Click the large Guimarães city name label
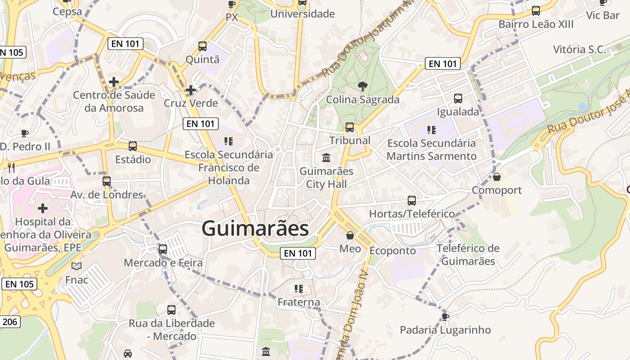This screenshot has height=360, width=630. click(x=255, y=228)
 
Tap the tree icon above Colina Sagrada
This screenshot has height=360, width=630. click(x=362, y=86)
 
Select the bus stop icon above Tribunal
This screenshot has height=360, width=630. click(x=350, y=127)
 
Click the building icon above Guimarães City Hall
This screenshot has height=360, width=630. click(x=326, y=158)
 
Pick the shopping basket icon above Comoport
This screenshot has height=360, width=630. click(x=497, y=177)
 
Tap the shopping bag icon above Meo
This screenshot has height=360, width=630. click(x=350, y=235)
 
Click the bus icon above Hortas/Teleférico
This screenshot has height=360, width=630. click(x=412, y=200)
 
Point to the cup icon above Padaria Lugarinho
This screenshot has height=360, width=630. click(x=445, y=317)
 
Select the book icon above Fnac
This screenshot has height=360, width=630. click(x=76, y=266)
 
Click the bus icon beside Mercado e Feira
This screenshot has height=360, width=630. click(x=163, y=249)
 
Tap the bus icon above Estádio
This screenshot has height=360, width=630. click(x=133, y=146)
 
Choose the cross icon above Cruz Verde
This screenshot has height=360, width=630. click(x=191, y=90)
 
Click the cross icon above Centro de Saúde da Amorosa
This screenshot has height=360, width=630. click(x=114, y=82)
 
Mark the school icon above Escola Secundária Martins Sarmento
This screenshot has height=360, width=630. click(x=432, y=130)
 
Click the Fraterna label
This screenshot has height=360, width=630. click(x=299, y=302)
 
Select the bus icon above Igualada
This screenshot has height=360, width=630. click(x=458, y=98)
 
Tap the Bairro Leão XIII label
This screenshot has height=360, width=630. click(x=536, y=24)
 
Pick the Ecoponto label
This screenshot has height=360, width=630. click(x=393, y=251)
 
